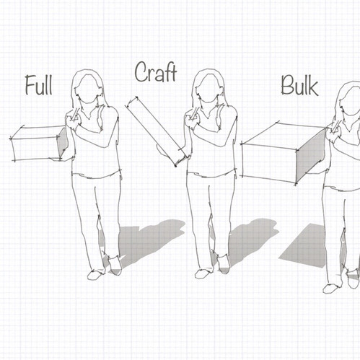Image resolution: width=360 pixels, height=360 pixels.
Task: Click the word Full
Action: (39, 85)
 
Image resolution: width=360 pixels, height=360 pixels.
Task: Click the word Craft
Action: (156, 72)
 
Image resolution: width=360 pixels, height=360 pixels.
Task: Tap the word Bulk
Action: (299, 85)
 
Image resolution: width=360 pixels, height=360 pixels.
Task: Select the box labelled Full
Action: (38, 144)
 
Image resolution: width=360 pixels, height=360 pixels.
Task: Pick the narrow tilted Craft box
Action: (157, 131)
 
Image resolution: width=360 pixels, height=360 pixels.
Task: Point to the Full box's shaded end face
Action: (63, 143)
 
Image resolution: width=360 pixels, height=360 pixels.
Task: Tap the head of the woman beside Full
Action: (87, 88)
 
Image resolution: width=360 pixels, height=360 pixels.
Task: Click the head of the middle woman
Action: (208, 88)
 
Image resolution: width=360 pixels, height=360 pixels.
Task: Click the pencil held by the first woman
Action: (75, 114)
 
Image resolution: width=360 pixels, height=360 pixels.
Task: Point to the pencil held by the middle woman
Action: (195, 113)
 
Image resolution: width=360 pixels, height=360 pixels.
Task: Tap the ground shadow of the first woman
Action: (144, 243)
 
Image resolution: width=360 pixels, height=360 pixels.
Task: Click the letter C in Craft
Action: (141, 72)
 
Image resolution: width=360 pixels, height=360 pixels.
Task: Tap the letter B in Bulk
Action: (288, 85)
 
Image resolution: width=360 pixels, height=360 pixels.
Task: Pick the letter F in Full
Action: (30, 85)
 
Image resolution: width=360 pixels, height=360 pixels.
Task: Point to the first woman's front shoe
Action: (96, 275)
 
